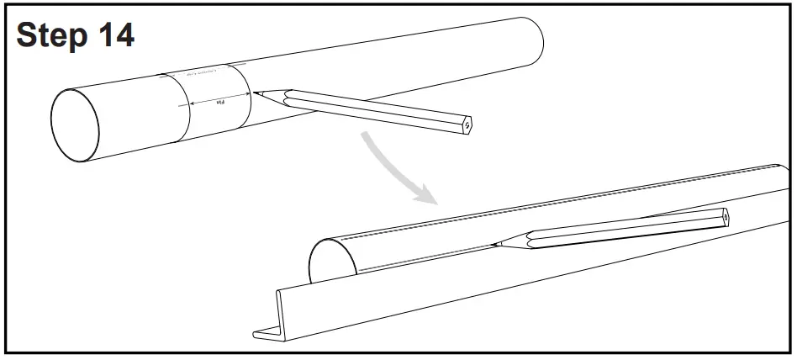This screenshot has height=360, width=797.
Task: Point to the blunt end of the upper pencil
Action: pos(467,123)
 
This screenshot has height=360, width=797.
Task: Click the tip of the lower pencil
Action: pos(494,245)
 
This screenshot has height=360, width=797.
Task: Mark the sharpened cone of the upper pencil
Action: pos(271,95)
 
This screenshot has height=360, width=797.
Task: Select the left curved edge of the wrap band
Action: pos(180,109)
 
